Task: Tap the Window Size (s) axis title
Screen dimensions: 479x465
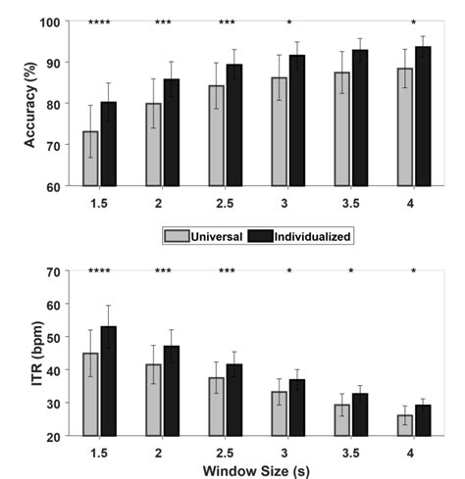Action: pyautogui.click(x=252, y=468)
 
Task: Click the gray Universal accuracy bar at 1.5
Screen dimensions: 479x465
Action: pyautogui.click(x=90, y=159)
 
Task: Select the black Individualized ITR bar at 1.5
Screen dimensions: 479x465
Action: pyautogui.click(x=108, y=381)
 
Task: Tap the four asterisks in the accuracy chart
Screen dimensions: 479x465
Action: pyautogui.click(x=99, y=23)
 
